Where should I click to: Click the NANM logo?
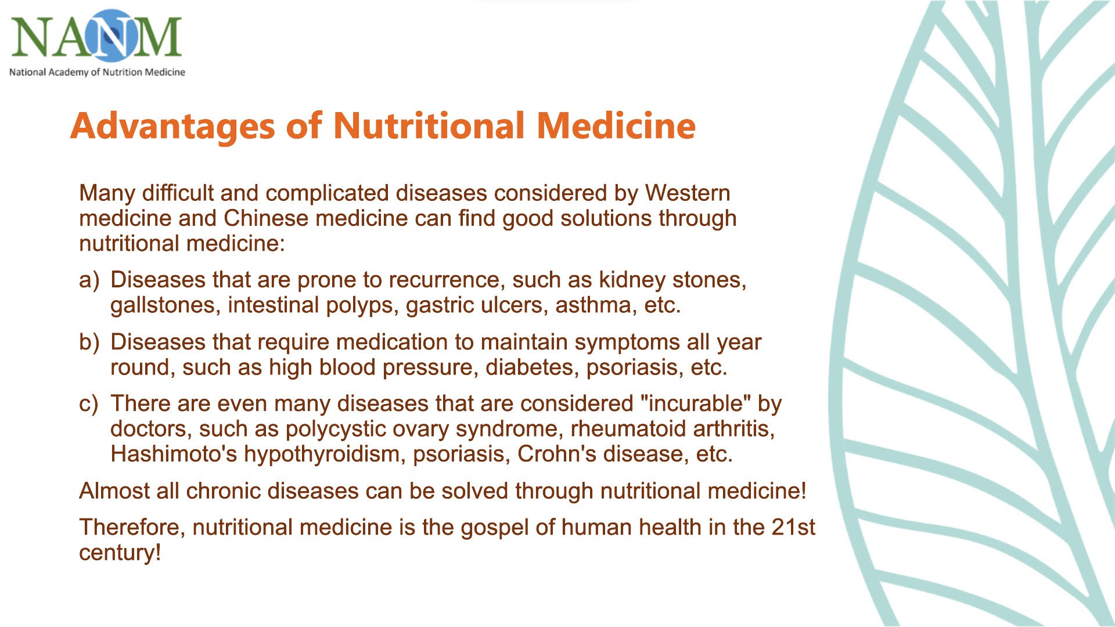[x=96, y=37]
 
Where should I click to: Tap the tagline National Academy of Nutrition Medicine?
[x=97, y=72]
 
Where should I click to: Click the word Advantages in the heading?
[x=172, y=126]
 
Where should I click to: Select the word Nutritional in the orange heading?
[x=429, y=125]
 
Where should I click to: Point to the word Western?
[x=688, y=193]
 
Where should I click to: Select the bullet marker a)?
[x=89, y=280]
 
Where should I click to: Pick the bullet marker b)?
[x=89, y=342]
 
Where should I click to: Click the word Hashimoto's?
[x=174, y=454]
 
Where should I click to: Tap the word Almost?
[x=114, y=491]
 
